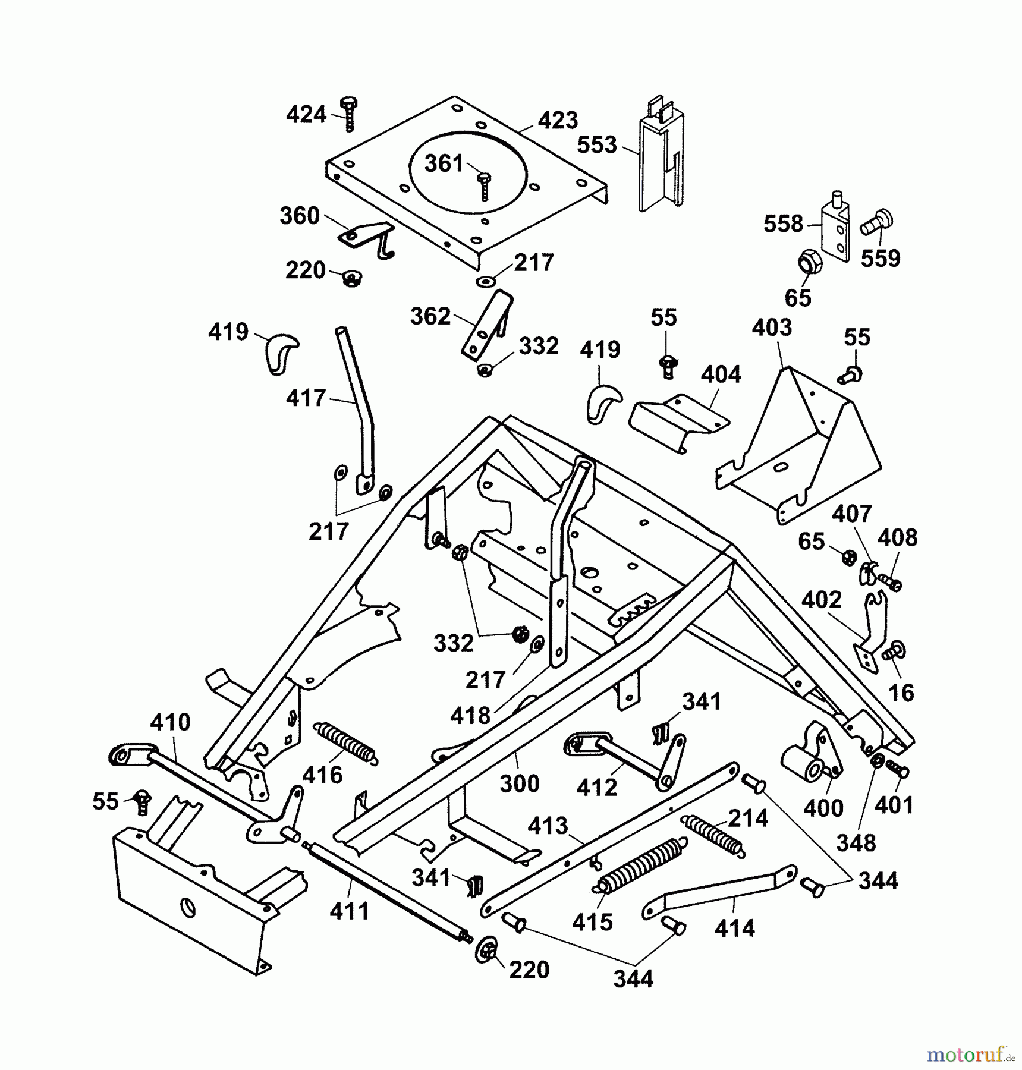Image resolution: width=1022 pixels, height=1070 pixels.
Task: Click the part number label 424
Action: point(306,114)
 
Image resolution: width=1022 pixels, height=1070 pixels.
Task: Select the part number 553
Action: point(597,144)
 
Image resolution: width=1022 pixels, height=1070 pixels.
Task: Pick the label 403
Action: point(772,328)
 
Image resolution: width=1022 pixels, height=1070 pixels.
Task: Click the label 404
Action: point(721,374)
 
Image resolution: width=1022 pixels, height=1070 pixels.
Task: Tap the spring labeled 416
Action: point(345,742)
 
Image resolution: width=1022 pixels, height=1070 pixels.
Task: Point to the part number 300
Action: point(519,783)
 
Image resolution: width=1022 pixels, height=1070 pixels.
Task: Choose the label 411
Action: point(350,911)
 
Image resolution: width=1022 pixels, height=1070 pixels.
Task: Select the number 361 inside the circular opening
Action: point(444,163)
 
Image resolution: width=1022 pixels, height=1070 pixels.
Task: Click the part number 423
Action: point(558,120)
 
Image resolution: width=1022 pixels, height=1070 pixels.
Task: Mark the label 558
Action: point(783,224)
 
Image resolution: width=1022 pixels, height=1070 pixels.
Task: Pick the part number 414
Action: point(735,928)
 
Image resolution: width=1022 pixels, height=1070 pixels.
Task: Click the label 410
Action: point(170,722)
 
